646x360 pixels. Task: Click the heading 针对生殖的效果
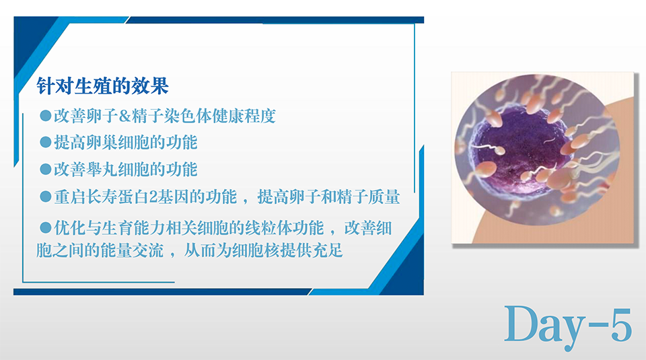102,86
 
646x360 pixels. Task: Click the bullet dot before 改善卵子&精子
45,115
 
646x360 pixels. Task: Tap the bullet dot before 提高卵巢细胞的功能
45,142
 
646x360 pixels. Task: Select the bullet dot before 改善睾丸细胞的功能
45,170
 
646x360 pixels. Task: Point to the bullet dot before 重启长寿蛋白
45,196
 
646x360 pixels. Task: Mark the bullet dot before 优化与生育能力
45,227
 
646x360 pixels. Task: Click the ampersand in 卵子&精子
125,116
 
